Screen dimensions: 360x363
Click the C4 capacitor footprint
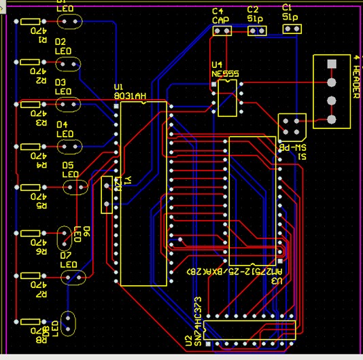click(x=221, y=31)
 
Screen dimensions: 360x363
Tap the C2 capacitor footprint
click(x=257, y=30)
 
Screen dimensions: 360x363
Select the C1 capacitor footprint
click(x=291, y=30)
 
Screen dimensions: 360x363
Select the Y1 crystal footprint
click(x=107, y=195)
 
